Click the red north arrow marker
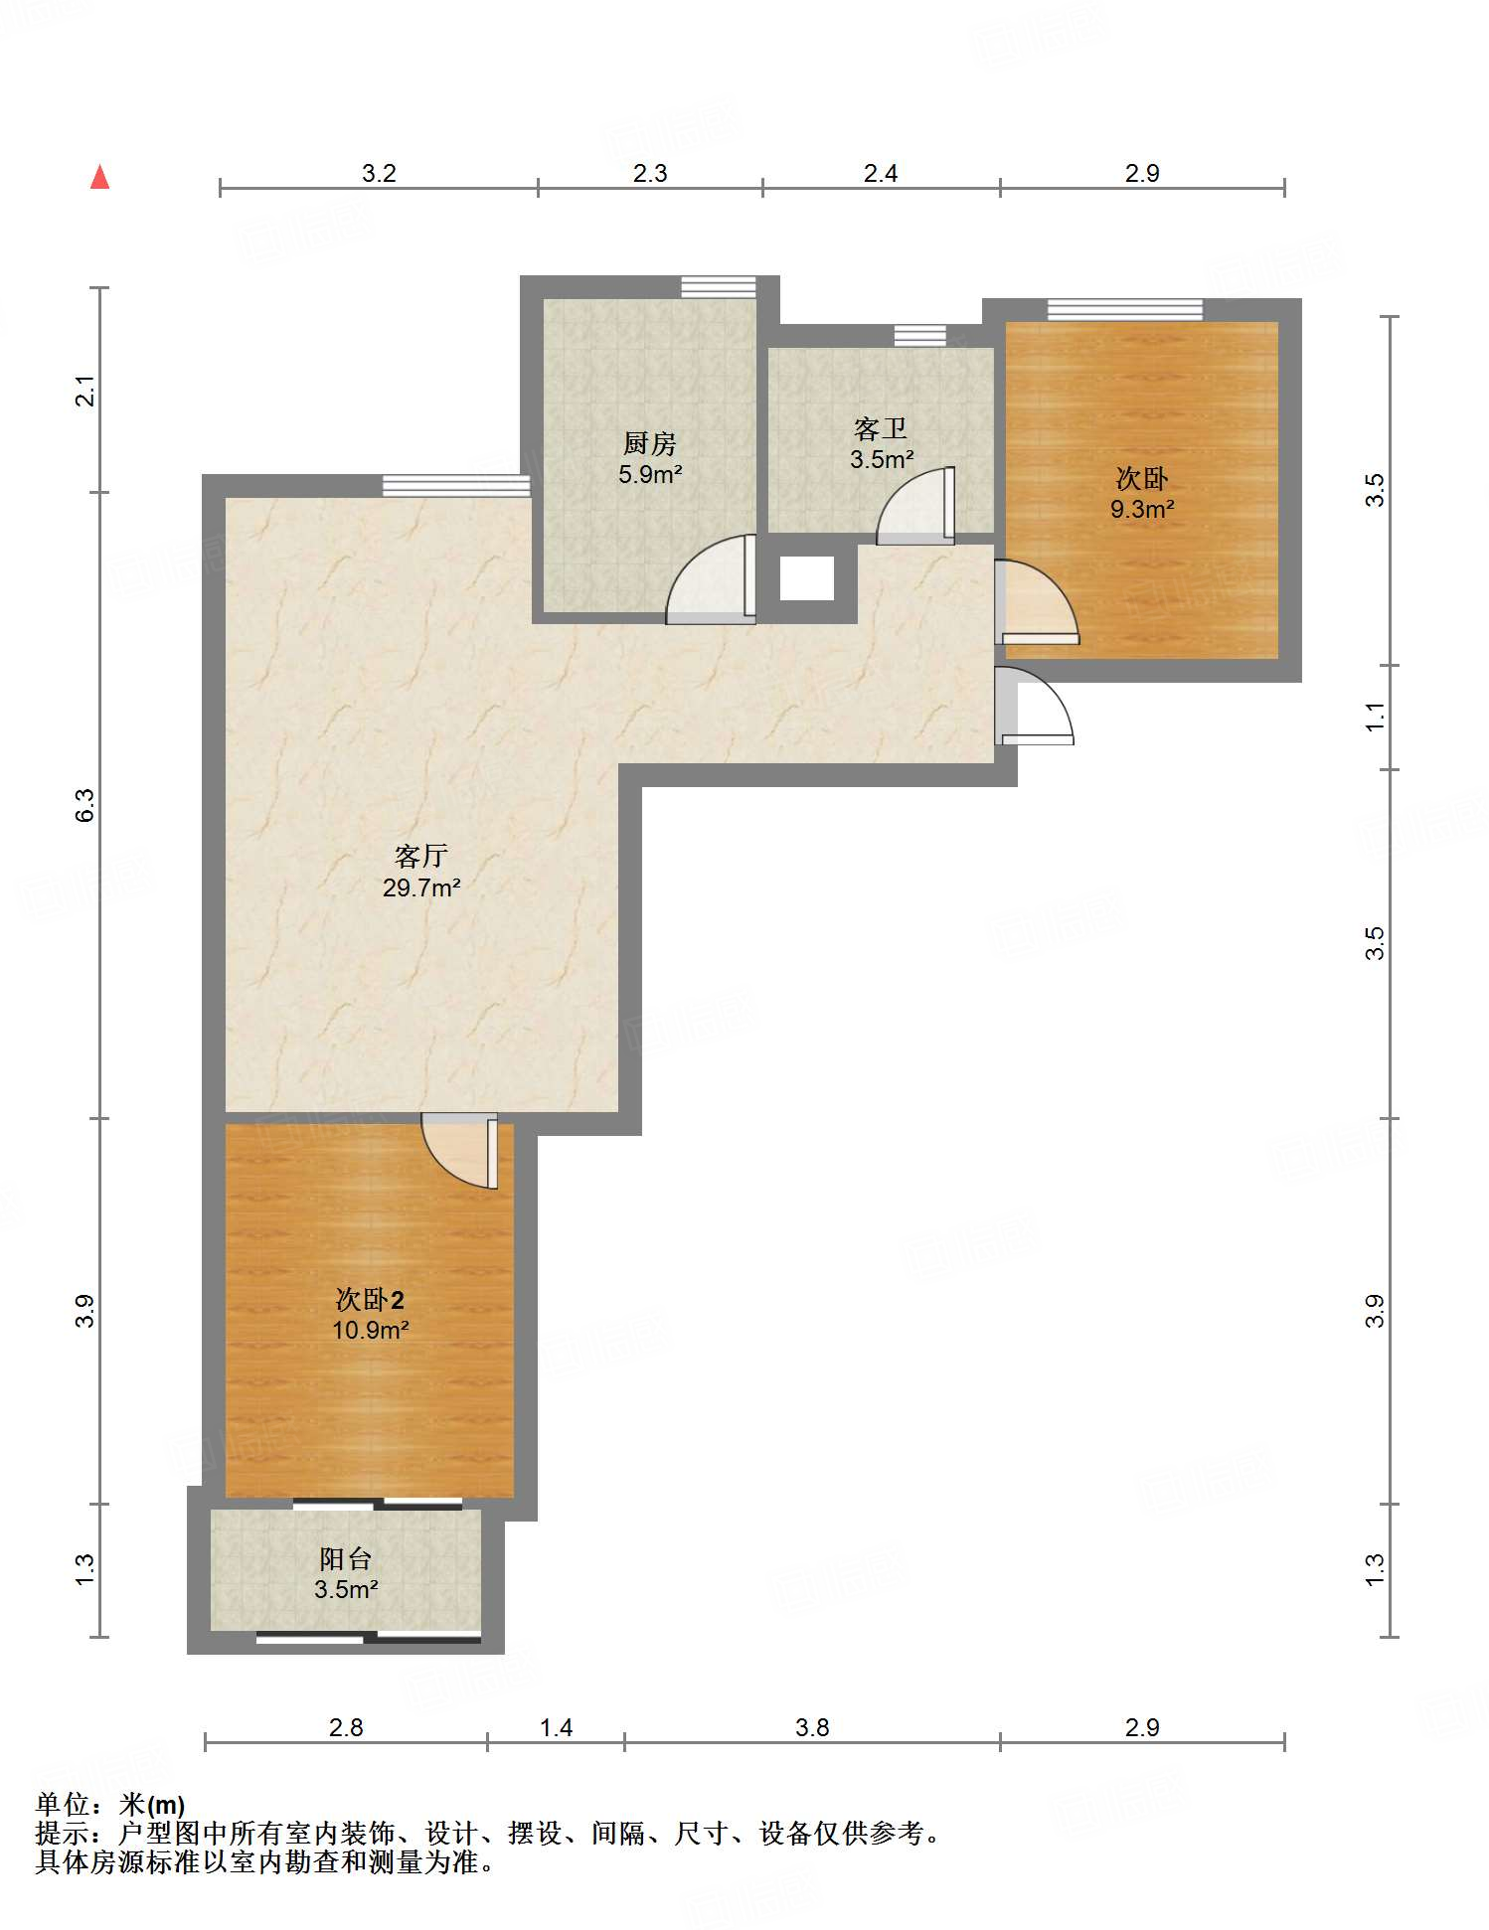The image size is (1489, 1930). (99, 177)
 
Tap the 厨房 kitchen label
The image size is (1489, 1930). (650, 442)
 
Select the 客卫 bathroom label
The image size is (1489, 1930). (881, 428)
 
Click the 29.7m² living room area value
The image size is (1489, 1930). (421, 887)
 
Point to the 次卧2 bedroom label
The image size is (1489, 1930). (370, 1299)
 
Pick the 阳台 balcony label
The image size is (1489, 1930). (346, 1558)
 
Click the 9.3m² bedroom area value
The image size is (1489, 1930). (1142, 510)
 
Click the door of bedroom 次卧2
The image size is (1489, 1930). (460, 1151)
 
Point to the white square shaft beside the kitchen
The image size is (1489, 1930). (807, 578)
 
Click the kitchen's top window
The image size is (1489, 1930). (719, 287)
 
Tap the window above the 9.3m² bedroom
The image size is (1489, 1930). (1125, 309)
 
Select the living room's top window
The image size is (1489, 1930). (456, 485)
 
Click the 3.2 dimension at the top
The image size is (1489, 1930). (379, 174)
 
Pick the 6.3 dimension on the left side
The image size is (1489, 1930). (85, 805)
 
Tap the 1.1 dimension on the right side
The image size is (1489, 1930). (1375, 717)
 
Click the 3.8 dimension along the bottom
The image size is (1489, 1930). (812, 1728)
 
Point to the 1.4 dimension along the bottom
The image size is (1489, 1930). (557, 1728)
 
